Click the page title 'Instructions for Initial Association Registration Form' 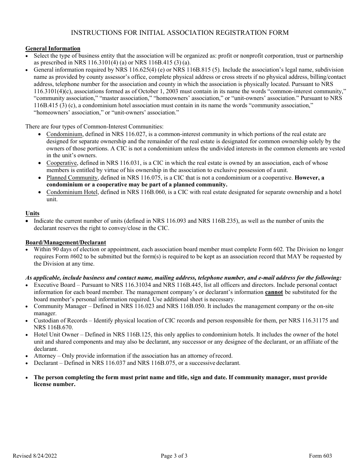click(x=180, y=33)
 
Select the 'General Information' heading click(x=53, y=48)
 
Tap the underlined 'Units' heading click(x=32, y=213)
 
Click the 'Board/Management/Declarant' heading click(x=66, y=242)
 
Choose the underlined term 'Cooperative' click(x=62, y=163)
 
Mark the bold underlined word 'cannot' click(x=274, y=292)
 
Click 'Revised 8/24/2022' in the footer click(x=35, y=456)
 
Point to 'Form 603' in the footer click(x=320, y=456)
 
